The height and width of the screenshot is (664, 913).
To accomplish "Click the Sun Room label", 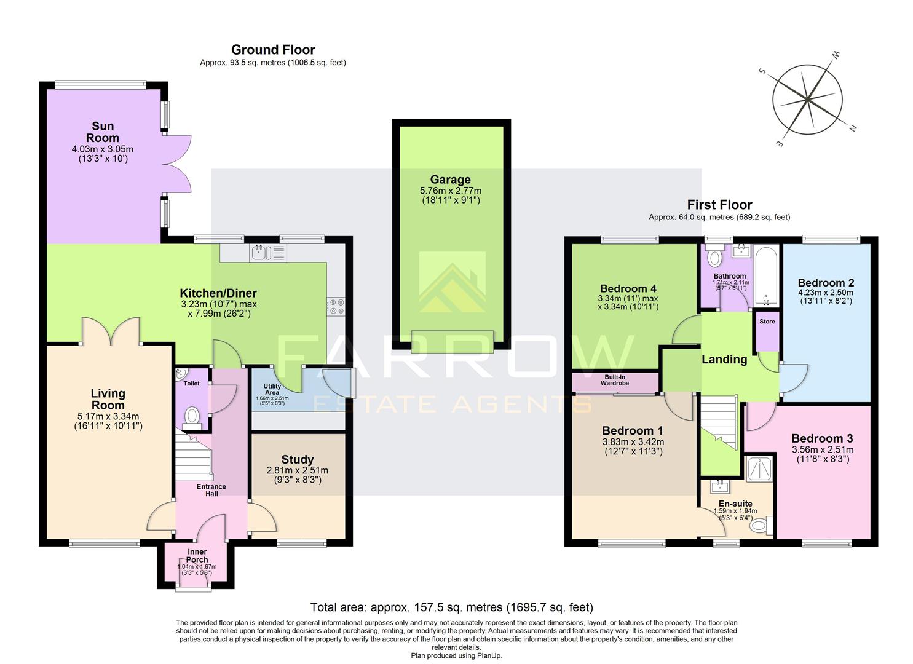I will click(102, 132).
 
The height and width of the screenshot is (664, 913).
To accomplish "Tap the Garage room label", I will click(450, 180).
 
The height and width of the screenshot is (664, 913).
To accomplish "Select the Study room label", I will click(298, 459).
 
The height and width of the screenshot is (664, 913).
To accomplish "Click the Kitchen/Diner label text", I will click(218, 293).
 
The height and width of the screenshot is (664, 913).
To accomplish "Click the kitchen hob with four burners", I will click(336, 306).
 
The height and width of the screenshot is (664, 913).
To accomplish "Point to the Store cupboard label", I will click(767, 322).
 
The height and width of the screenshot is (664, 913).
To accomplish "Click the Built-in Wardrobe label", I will click(615, 380).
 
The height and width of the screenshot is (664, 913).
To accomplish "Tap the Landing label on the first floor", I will click(724, 360).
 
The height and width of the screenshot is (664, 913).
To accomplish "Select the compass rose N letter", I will click(853, 128).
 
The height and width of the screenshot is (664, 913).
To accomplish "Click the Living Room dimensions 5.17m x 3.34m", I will click(108, 416).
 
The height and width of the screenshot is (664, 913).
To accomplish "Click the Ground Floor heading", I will click(273, 50).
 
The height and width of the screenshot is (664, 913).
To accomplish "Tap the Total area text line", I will click(451, 607).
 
